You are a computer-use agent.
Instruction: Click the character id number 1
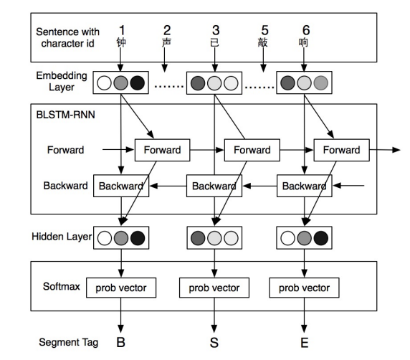point(122,30)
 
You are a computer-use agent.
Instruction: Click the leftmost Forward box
point(162,150)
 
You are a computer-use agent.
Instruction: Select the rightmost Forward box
point(341,150)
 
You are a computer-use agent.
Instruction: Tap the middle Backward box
point(213,186)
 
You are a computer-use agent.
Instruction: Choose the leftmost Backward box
point(120,186)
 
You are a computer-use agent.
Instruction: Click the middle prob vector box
point(213,288)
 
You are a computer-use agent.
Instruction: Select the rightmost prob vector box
point(304,288)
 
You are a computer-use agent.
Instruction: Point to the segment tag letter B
point(121,344)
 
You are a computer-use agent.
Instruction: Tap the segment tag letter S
point(214,344)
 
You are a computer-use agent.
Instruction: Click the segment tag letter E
point(304,344)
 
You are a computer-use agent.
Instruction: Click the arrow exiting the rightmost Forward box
point(383,150)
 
